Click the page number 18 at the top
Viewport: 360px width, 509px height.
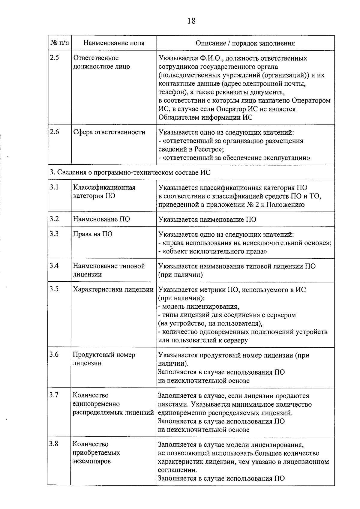click(x=191, y=21)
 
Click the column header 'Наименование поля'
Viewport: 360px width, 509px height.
click(x=114, y=43)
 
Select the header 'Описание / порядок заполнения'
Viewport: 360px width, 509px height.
click(x=245, y=43)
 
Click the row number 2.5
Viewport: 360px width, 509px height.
click(x=54, y=58)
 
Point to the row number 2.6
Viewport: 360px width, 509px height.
click(x=54, y=132)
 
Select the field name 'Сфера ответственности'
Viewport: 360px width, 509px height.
click(x=109, y=132)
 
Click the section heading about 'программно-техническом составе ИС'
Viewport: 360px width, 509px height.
click(x=130, y=172)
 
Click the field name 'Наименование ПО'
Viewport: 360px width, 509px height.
click(x=101, y=219)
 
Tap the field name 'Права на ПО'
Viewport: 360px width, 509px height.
click(x=93, y=234)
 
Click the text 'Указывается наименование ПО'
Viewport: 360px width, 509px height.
click(x=207, y=220)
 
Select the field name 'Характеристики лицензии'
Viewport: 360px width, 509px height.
click(x=113, y=289)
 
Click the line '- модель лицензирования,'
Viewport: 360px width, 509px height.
click(x=198, y=307)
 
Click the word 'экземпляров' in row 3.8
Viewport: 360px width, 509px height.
click(x=91, y=461)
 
